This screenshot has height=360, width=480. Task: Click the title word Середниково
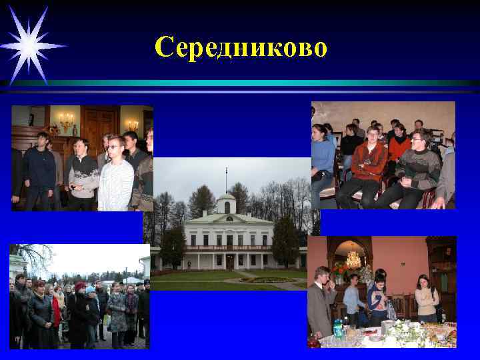click(x=241, y=47)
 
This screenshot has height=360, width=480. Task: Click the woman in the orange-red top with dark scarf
click(x=399, y=147)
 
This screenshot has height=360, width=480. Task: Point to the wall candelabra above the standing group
click(x=66, y=121)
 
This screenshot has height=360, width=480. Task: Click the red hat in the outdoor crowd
click(x=80, y=287)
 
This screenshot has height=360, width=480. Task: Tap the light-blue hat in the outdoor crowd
click(x=90, y=289)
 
